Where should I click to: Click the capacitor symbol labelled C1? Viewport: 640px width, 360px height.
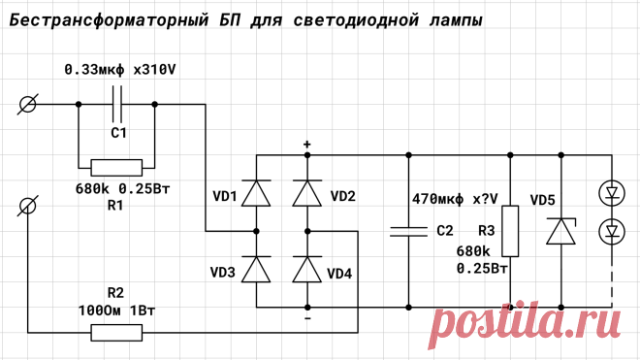(x=116, y=104)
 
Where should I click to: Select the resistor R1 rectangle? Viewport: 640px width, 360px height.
(x=116, y=168)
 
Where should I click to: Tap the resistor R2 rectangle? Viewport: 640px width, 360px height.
(x=116, y=333)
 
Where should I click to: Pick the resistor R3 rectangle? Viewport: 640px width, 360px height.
(x=510, y=231)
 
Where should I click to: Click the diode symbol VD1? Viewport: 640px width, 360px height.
(x=256, y=193)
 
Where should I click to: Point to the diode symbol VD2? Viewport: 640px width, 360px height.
(x=307, y=193)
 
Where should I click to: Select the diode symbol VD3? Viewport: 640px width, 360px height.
(x=256, y=270)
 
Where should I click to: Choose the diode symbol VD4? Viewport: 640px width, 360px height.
(x=307, y=270)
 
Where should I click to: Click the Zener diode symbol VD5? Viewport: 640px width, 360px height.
(x=561, y=231)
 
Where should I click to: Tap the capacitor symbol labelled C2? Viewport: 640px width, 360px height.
(x=408, y=231)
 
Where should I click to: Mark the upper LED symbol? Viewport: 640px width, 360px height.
(x=612, y=193)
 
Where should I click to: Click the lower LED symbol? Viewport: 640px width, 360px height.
(x=612, y=231)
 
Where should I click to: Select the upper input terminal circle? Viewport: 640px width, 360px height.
(x=27, y=104)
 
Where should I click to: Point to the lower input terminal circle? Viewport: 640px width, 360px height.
(x=27, y=206)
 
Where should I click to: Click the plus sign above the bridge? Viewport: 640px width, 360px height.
(x=307, y=144)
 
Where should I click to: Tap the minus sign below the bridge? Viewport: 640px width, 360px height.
(x=307, y=318)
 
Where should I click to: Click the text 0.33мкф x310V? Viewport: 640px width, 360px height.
(x=120, y=70)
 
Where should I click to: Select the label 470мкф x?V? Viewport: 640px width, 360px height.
(x=455, y=199)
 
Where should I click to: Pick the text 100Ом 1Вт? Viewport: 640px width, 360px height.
(x=116, y=311)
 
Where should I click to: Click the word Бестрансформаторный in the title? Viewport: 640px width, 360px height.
(x=109, y=20)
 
